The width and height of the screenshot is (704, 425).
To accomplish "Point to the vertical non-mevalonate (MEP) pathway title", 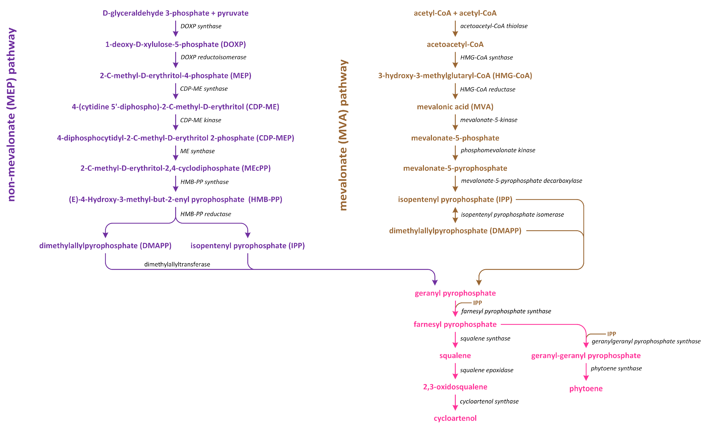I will coord(11,114).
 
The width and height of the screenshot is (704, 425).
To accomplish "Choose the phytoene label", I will coord(586,388).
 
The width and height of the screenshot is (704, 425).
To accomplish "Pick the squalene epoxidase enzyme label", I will coord(486,370).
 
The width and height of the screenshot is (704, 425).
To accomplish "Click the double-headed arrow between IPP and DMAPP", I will coord(455,215).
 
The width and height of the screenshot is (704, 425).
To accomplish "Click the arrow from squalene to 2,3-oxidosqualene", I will coord(455,371).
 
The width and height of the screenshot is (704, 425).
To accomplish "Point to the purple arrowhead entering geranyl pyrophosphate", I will coord(435,282).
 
